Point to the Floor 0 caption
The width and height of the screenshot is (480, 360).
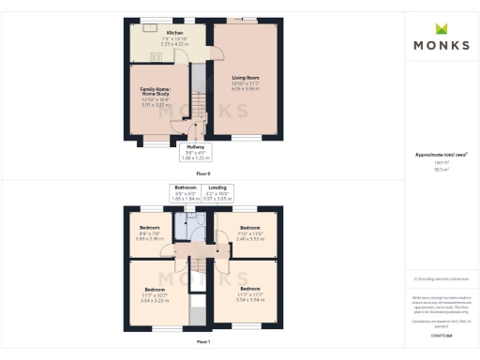[x=203, y=173]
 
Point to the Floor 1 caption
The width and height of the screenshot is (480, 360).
[x=203, y=342]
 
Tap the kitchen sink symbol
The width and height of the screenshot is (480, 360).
[x=149, y=27]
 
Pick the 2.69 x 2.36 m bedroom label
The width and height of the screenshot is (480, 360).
[x=149, y=234]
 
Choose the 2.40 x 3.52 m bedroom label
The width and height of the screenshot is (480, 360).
[x=249, y=234]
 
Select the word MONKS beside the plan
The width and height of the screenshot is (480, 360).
[x=441, y=45]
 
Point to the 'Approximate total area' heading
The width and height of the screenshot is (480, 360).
[x=441, y=154]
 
